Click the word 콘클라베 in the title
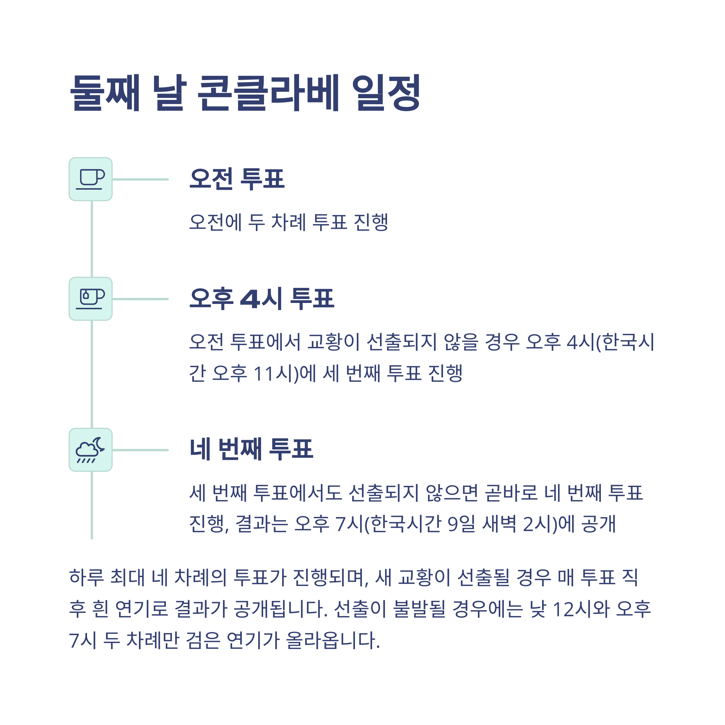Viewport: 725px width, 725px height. point(268,93)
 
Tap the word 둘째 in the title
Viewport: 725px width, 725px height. point(105,93)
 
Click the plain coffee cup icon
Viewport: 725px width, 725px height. point(90,179)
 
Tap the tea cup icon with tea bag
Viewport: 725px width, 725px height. point(90,299)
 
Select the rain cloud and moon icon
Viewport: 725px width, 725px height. point(90,449)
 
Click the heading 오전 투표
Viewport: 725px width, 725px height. point(237,179)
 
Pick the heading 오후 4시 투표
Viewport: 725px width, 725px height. point(262,299)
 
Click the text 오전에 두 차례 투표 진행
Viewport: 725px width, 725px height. point(288,222)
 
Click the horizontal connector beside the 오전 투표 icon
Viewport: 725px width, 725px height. point(140,179)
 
